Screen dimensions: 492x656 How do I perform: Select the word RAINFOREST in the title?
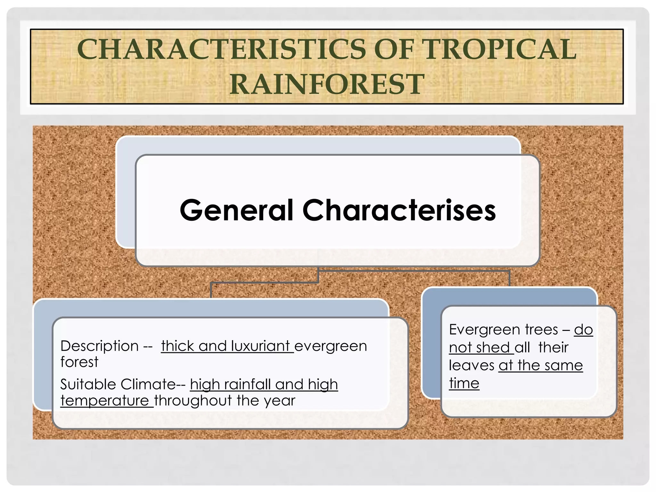pos(327,84)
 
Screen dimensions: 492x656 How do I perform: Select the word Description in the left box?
pos(99,346)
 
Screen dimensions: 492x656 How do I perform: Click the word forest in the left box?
pos(79,362)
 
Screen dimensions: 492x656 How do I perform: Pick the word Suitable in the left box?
pos(86,384)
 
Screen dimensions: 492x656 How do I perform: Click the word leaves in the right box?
pos(471,365)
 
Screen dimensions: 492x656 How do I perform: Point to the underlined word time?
pos(464,383)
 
